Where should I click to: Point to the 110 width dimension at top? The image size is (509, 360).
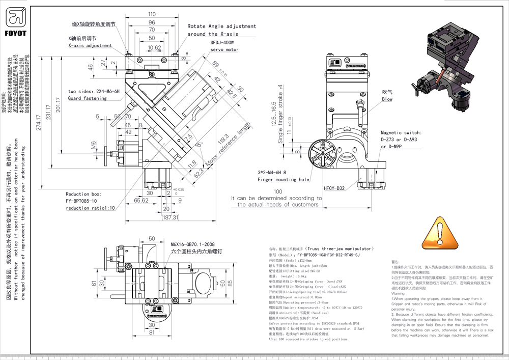152,14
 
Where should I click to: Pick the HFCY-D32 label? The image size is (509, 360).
334,188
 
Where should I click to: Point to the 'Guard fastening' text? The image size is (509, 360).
87,98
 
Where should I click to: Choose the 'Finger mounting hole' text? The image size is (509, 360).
284,179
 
